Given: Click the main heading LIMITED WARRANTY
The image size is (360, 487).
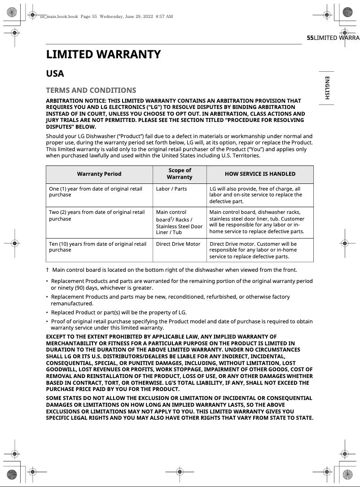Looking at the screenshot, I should (103, 55).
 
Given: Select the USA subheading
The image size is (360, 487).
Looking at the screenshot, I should (55, 74).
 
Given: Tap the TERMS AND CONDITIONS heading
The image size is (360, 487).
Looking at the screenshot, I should (91, 90).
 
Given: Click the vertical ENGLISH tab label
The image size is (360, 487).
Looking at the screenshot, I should (327, 88).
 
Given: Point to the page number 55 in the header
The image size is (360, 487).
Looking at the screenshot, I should (310, 38).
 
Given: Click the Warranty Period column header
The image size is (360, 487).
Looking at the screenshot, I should (99, 174).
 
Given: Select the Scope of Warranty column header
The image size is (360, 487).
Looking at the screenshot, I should (180, 174).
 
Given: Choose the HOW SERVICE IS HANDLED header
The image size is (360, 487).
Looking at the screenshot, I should (260, 174).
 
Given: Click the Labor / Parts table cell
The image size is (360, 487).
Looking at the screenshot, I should (171, 189).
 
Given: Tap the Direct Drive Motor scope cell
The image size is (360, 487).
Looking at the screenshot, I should (178, 244).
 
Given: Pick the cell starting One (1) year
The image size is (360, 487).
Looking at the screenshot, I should (96, 192).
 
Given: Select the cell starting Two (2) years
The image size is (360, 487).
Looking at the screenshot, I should (97, 215).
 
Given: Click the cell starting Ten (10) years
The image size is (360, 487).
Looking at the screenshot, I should (97, 247).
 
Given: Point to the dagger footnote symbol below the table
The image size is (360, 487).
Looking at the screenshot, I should (47, 270).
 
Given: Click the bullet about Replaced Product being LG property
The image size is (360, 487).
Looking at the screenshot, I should (119, 312).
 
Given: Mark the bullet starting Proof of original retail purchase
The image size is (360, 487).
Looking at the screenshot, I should (180, 325).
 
